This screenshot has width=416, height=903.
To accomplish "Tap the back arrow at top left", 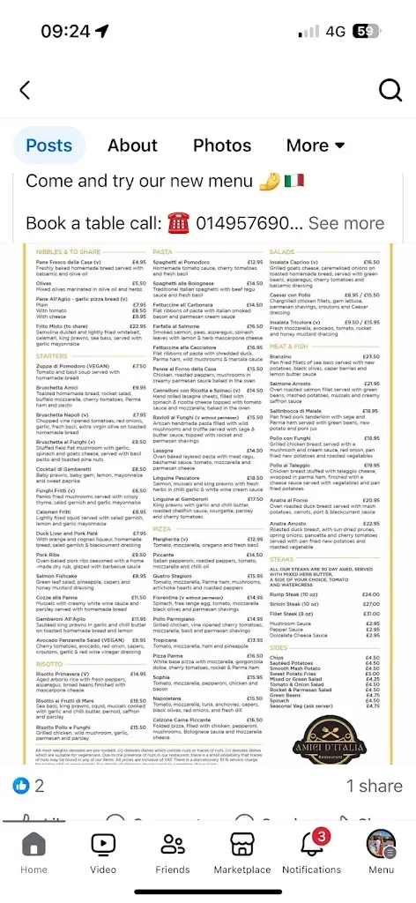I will [26, 90].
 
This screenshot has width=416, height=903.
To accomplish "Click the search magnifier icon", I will [390, 90].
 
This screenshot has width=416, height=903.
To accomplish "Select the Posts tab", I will [48, 146].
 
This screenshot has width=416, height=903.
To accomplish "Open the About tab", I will [132, 146].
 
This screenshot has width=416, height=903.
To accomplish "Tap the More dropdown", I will [316, 146].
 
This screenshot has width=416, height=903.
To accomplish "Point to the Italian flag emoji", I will [294, 180].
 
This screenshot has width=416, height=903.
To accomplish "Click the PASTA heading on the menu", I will [163, 252].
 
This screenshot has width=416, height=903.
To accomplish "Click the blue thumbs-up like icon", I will [21, 786].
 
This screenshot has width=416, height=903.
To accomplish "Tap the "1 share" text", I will [374, 786].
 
